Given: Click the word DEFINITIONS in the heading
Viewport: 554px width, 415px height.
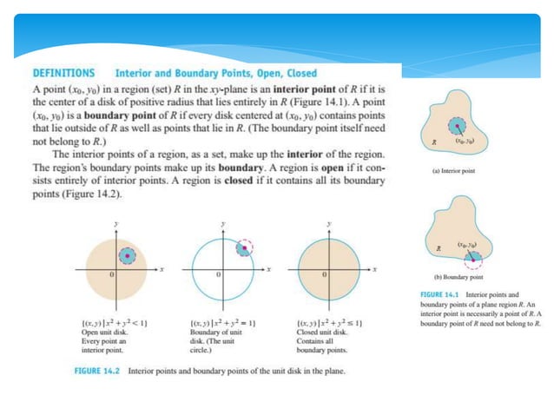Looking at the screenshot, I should point(63,74).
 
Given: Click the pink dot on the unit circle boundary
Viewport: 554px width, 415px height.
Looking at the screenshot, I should point(247,248).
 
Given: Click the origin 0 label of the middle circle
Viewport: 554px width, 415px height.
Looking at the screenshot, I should point(216,275).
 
